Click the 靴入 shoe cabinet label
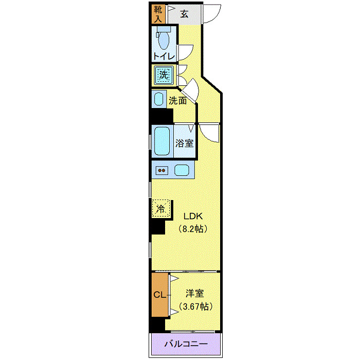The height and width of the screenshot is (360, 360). pos(157,14)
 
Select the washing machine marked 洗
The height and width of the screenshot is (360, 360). pos(164,76)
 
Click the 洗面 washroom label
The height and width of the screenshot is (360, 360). pos(178,101)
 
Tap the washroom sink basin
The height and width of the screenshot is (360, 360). pos(158,99)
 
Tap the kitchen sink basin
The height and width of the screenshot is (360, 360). pos(182,170)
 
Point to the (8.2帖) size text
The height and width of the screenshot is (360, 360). pos(193,228)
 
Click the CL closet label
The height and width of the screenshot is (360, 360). pos(160,295)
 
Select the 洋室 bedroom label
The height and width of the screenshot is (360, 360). pos(195,294)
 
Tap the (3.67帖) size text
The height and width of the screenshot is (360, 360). pos(195,307)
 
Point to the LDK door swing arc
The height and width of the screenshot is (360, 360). pos(209,133)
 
